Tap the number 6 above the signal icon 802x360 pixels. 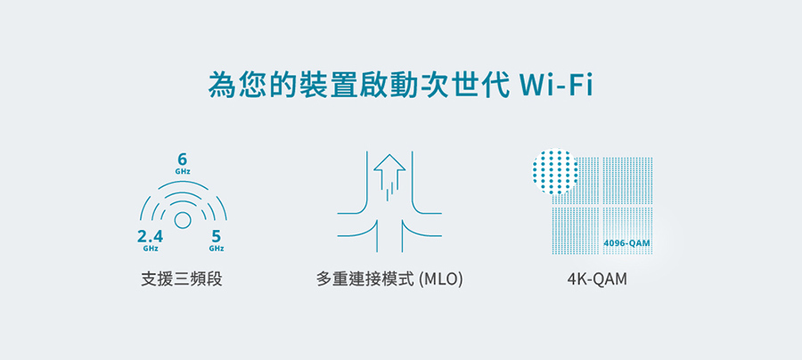(183, 160)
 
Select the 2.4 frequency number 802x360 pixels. (150, 236)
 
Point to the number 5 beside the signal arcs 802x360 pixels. (216, 236)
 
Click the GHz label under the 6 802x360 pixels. (183, 172)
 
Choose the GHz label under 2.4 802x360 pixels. (151, 249)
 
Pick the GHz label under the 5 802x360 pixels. (216, 249)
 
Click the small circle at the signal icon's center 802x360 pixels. (183, 220)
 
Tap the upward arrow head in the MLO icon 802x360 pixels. (389, 162)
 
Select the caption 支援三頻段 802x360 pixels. (182, 280)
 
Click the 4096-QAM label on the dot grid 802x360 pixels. (626, 243)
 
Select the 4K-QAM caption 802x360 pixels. (597, 280)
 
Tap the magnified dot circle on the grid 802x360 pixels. (555, 171)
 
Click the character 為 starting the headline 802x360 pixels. (221, 86)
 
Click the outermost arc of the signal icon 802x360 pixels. (183, 183)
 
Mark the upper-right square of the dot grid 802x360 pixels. (628, 181)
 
